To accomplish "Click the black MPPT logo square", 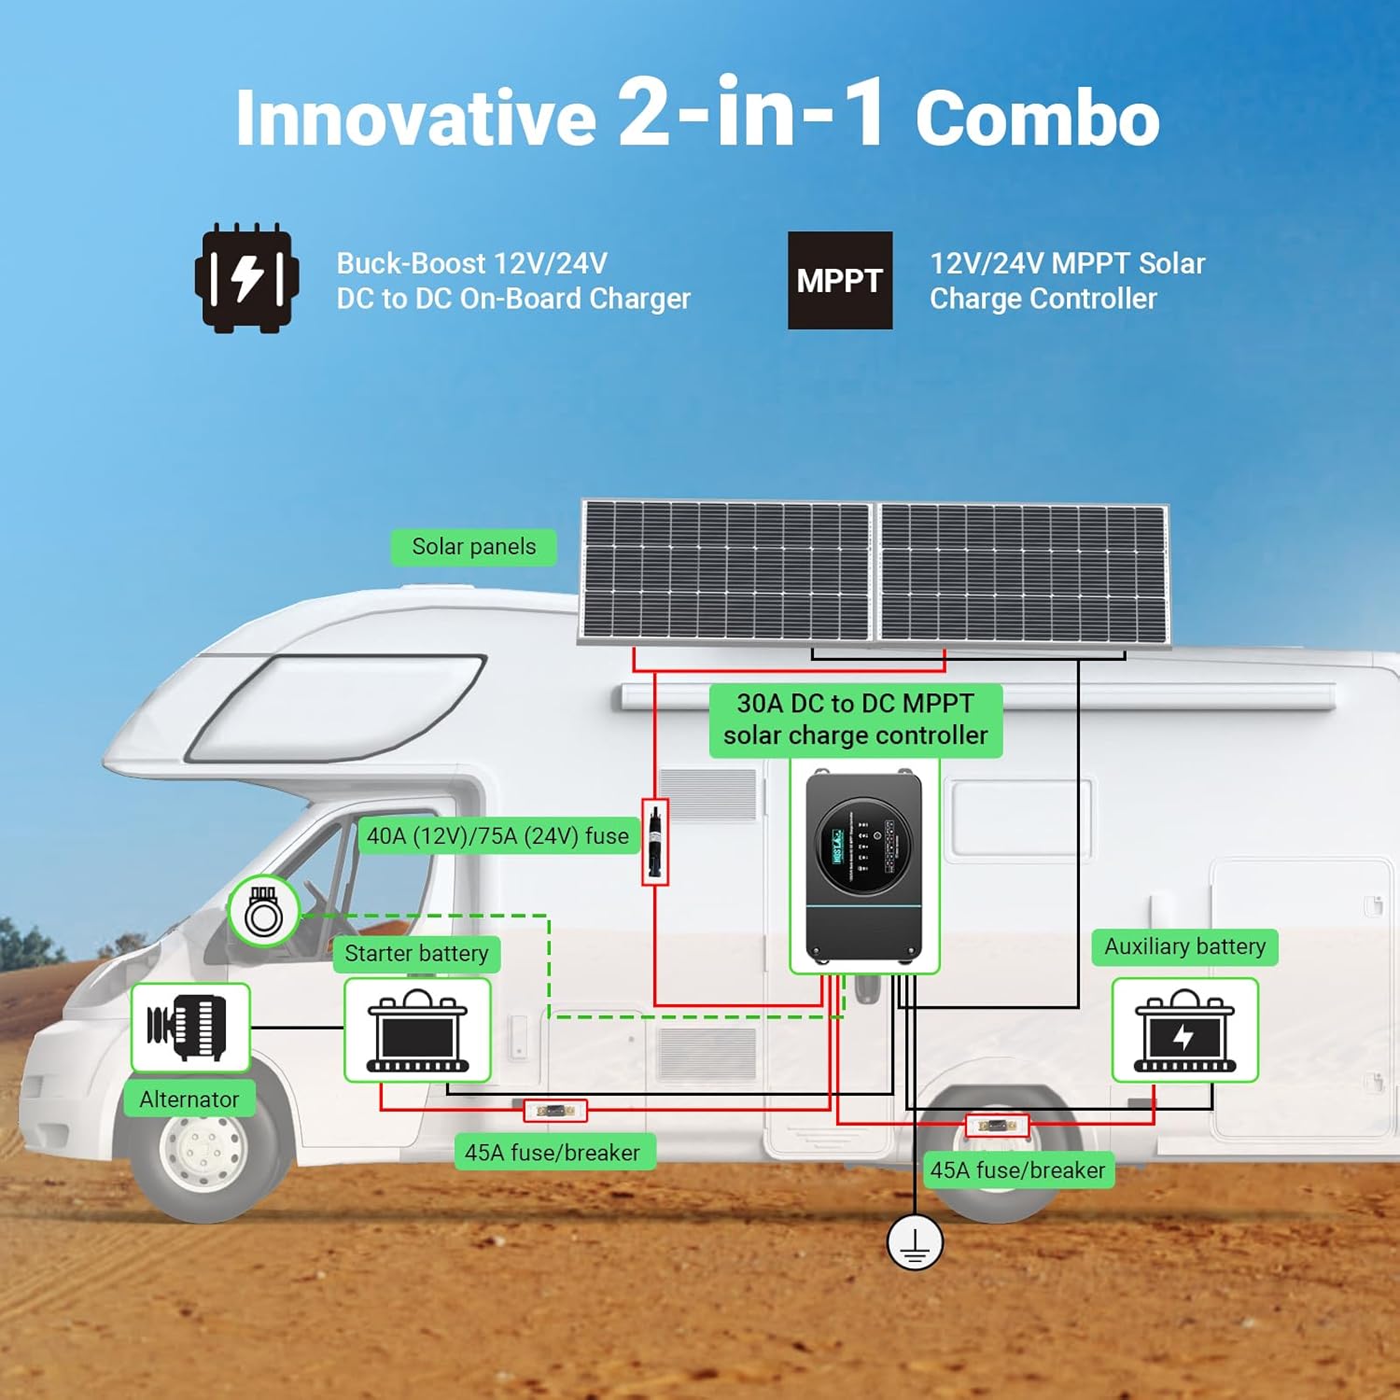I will pos(839,280).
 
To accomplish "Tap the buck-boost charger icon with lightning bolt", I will pos(246,278).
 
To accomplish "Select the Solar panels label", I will pos(473,547).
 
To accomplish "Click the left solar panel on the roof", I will pos(726,570).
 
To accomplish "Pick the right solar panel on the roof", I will pos(1023,573).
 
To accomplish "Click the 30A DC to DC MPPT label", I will pos(855,720).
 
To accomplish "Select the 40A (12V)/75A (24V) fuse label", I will pos(497,836).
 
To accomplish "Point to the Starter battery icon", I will pos(417,1030).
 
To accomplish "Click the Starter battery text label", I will pos(416,954).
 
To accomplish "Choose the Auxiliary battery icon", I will pos(1184,1030).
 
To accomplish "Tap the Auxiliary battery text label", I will pos(1184,946).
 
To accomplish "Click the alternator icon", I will pos(189,1027).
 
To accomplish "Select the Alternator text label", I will pos(189,1099).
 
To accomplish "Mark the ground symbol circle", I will pos(915,1242).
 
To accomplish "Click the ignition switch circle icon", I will pos(263,912).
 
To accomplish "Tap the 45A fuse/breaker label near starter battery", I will pos(553,1153).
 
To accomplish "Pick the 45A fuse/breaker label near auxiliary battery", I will pos(1017,1169).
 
